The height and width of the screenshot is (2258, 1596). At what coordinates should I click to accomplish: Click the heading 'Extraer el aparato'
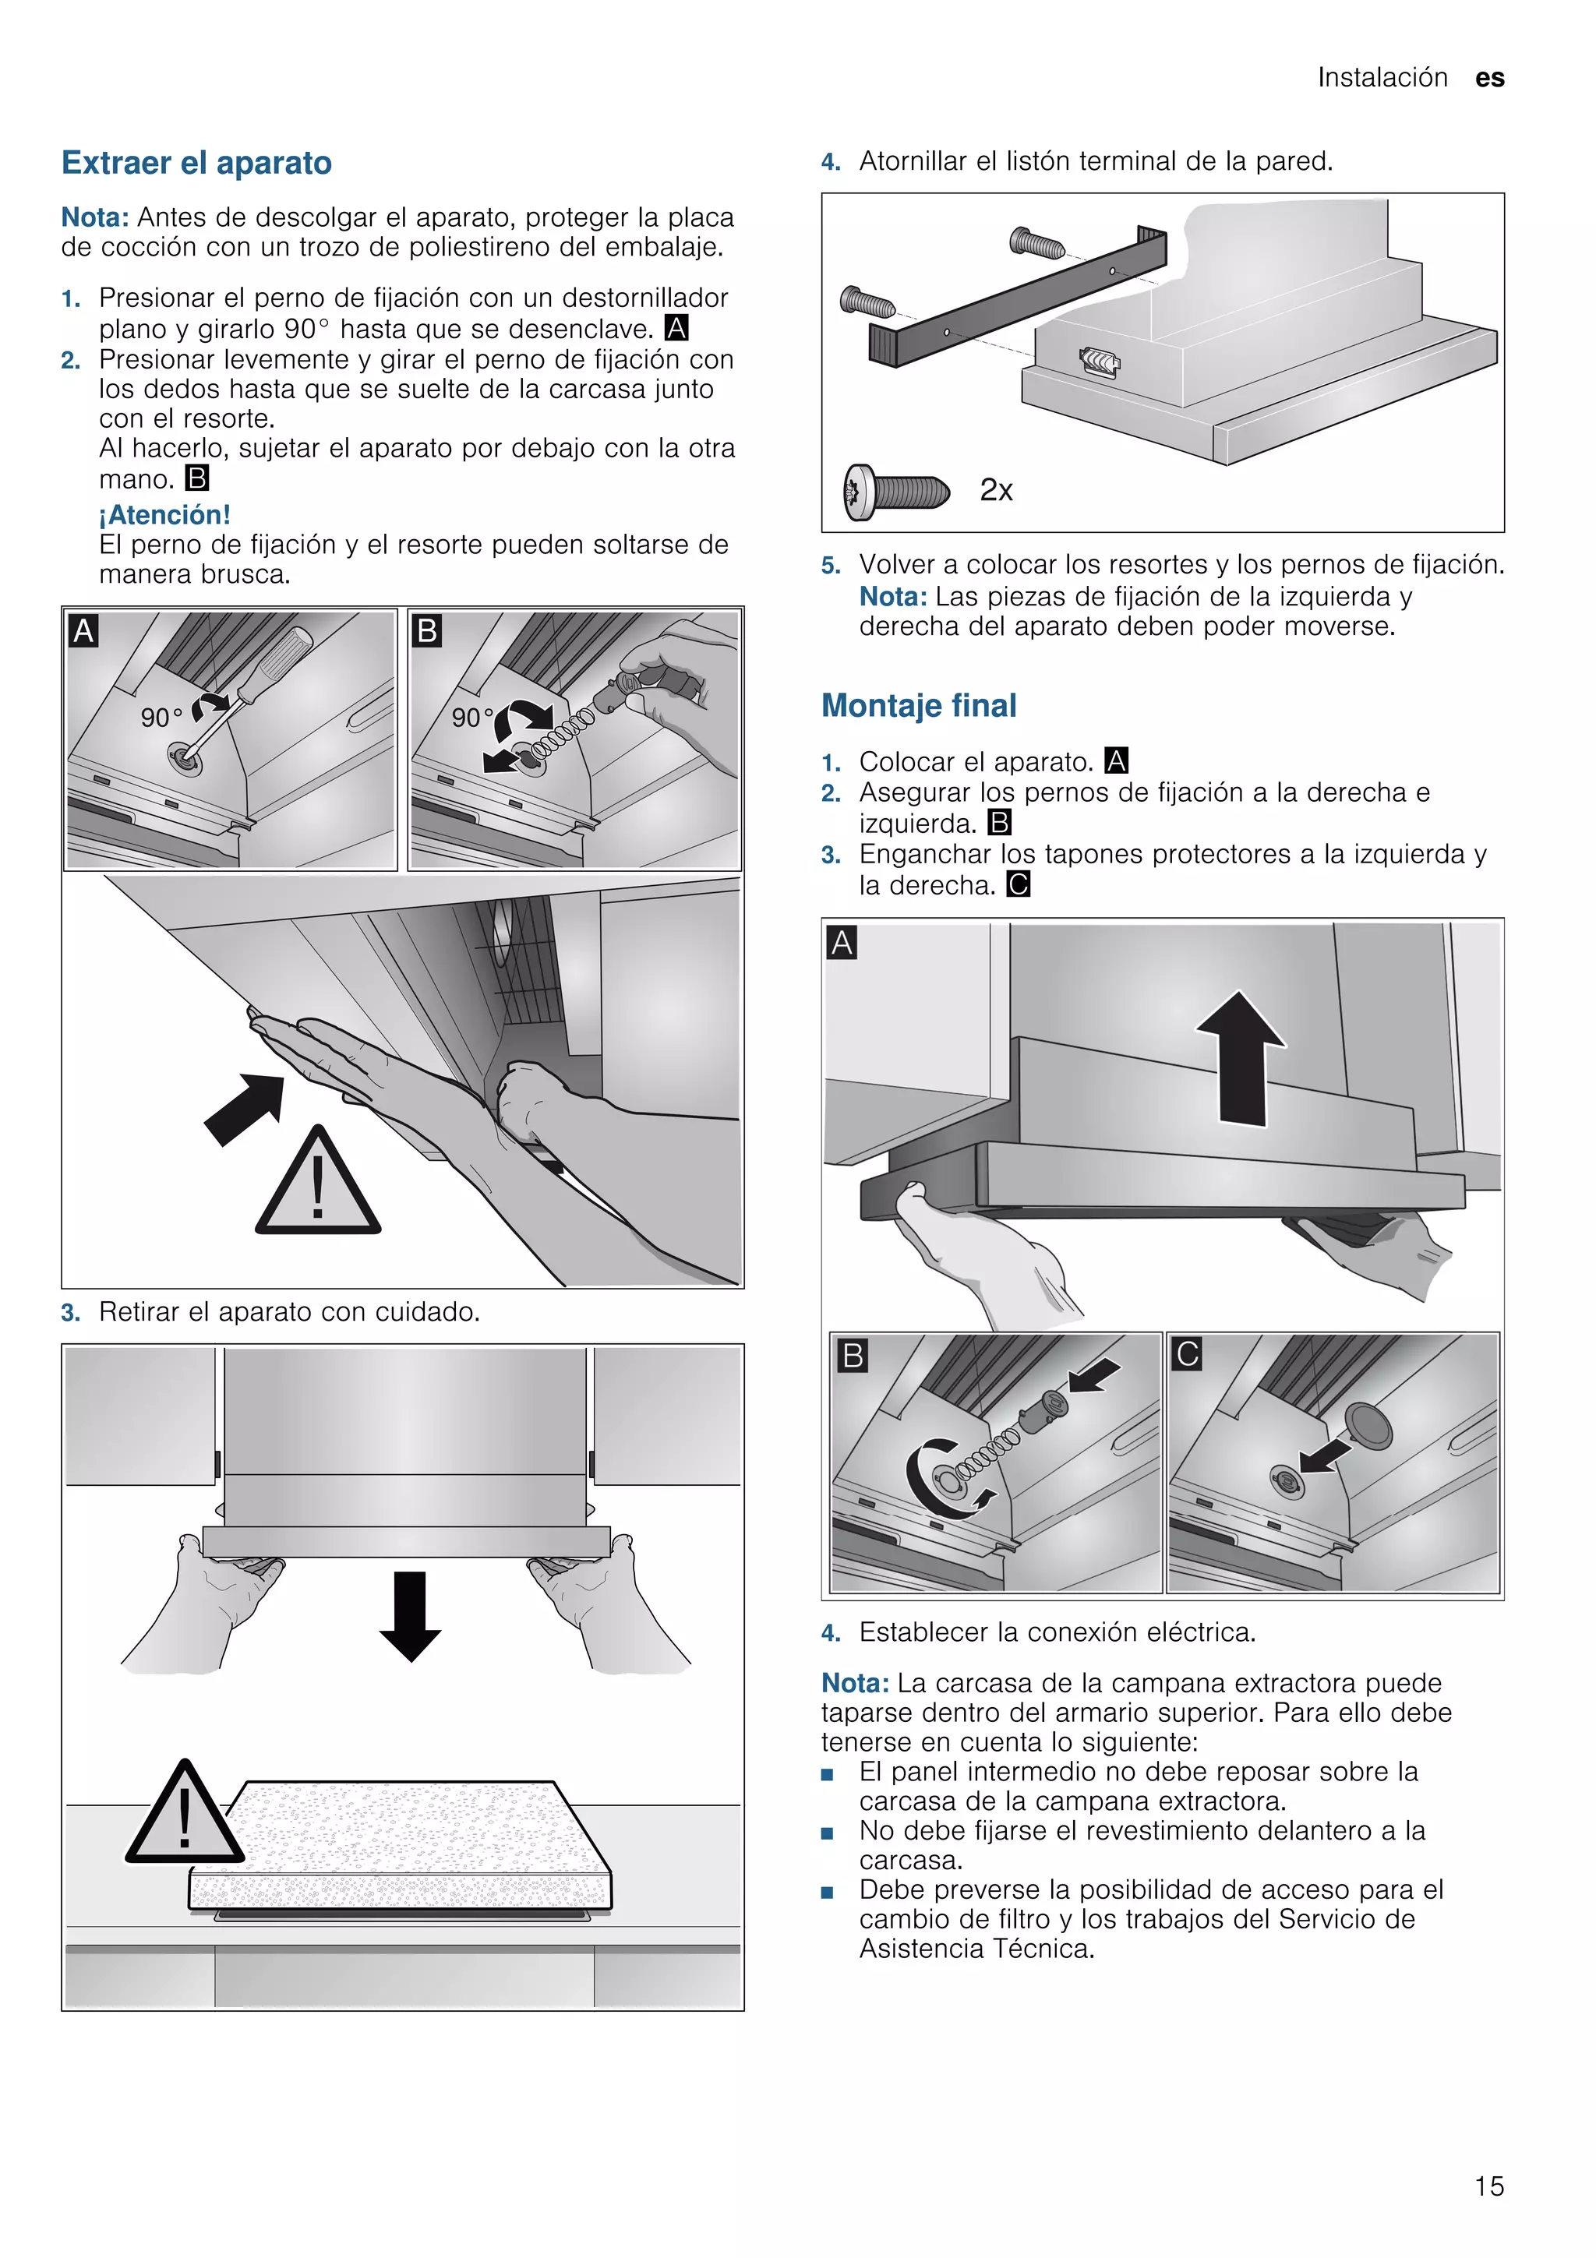(196, 164)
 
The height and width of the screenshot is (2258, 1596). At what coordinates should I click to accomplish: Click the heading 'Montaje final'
(919, 706)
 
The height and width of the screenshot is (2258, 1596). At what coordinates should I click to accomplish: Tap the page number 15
(1488, 2186)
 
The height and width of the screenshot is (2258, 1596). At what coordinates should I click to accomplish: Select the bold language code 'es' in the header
(1490, 79)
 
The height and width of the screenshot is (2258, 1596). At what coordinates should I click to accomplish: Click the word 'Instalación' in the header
(1382, 79)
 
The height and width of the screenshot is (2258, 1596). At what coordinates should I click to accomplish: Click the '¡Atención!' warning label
(164, 514)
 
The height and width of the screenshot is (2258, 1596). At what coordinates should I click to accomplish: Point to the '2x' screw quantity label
(996, 490)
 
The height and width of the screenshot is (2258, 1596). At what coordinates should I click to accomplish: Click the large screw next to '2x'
(897, 491)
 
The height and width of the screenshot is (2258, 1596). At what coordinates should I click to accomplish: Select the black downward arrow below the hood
(410, 1616)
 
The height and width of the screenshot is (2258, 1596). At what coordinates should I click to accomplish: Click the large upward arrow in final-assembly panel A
(1241, 1057)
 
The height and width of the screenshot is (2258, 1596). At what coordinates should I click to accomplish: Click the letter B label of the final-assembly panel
(853, 1357)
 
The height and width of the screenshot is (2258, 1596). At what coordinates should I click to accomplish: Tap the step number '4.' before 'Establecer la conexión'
(831, 1634)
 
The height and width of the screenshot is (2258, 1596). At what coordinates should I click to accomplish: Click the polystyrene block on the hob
(401, 1846)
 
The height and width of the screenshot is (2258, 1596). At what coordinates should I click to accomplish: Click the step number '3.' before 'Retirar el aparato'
(70, 1313)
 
